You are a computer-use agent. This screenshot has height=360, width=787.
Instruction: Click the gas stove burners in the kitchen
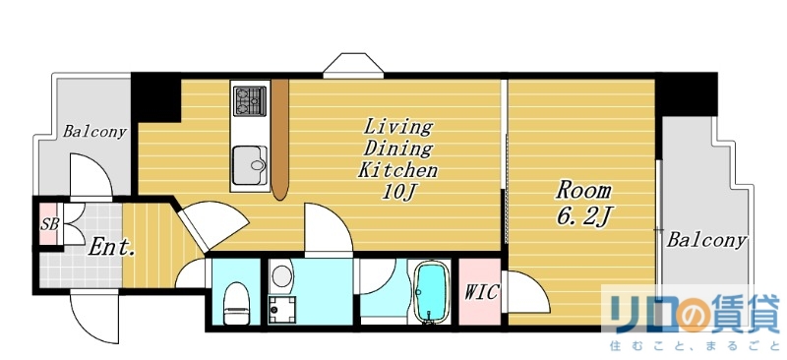point(250,100)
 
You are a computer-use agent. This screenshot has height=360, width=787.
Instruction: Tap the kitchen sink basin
point(250,165)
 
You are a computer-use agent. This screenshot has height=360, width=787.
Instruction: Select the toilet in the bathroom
point(236,303)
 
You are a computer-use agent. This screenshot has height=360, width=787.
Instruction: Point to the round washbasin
point(282,275)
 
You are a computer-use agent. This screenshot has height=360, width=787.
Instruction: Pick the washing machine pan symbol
point(282,310)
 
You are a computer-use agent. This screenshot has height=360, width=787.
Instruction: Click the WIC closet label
point(480,292)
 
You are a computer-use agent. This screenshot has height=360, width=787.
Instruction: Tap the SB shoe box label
point(49,224)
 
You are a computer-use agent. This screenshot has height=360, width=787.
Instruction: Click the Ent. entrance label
point(111,248)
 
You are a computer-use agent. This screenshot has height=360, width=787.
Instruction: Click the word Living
point(397,126)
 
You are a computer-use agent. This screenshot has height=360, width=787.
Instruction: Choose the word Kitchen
point(397,170)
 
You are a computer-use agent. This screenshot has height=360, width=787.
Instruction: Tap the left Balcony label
point(94,132)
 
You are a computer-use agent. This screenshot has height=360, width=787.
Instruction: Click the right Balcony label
point(706,241)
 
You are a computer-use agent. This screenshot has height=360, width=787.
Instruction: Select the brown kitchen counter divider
point(280,139)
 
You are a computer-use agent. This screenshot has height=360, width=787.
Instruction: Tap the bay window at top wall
point(354,65)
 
